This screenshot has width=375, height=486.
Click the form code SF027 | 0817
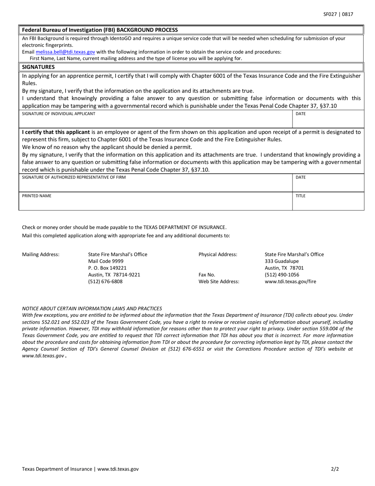[x=338, y=14]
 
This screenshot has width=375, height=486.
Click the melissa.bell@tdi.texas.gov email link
[x=65, y=52]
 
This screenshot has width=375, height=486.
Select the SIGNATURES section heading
[x=38, y=67]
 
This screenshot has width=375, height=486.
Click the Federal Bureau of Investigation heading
[x=100, y=30]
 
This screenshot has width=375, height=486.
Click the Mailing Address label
[x=41, y=254]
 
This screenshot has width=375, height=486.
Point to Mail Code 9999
[x=106, y=261]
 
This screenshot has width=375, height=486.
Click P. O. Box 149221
[x=107, y=268]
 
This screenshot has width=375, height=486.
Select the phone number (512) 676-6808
[x=105, y=282]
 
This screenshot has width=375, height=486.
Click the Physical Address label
[x=218, y=254]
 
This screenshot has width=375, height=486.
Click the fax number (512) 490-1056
[x=282, y=275]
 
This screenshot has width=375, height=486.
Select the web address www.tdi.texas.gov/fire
[x=290, y=282]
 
